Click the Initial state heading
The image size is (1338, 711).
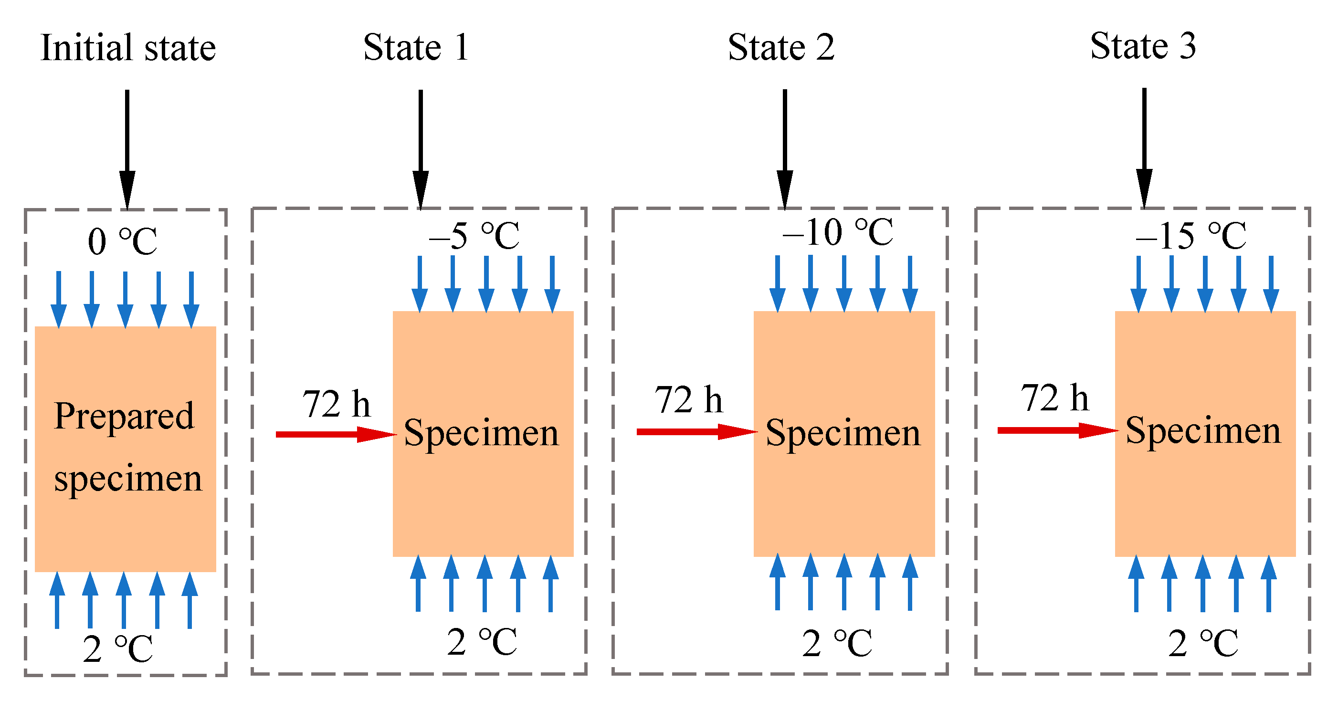(x=128, y=48)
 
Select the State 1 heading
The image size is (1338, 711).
(x=416, y=47)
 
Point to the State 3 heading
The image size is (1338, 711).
(x=1143, y=46)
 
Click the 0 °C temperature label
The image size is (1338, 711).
(x=123, y=241)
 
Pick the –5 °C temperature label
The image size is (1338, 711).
(x=474, y=236)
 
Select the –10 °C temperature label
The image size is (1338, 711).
(x=837, y=232)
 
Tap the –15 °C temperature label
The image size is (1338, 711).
(x=1191, y=236)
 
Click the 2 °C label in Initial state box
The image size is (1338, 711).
(x=118, y=648)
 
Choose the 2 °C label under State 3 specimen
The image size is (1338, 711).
(x=1203, y=644)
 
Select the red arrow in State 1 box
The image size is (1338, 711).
(x=335, y=434)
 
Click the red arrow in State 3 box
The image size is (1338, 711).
(x=1057, y=430)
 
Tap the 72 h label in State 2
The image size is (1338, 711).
(x=688, y=400)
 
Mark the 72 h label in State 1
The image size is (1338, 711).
(x=336, y=404)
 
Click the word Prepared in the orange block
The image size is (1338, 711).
(x=124, y=417)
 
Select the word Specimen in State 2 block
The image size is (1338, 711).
(x=843, y=433)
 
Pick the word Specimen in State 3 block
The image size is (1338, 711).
(x=1203, y=430)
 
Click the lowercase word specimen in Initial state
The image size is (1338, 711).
(x=128, y=478)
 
